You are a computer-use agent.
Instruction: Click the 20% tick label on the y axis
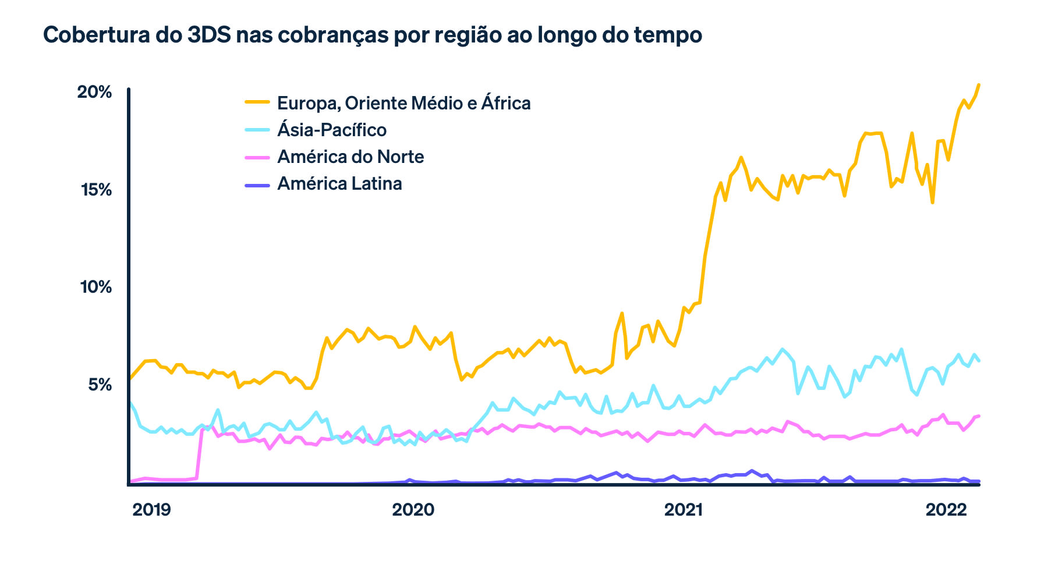click(94, 92)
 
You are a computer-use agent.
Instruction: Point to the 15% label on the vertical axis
click(95, 190)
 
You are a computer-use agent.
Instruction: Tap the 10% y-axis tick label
click(95, 287)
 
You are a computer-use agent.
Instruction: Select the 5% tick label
click(100, 385)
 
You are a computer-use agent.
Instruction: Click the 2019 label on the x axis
click(151, 510)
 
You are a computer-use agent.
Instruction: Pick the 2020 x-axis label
click(413, 510)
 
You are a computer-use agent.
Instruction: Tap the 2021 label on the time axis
click(683, 510)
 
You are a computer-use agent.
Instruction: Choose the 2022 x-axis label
click(946, 510)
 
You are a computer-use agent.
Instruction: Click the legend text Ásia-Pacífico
click(332, 130)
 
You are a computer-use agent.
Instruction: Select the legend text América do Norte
click(350, 157)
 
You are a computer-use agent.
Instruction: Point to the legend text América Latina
click(339, 183)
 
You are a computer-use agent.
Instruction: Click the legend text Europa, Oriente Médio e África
click(403, 103)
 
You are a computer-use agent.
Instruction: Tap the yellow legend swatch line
click(257, 102)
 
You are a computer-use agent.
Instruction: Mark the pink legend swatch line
click(257, 157)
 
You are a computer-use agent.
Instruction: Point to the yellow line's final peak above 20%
click(979, 85)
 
